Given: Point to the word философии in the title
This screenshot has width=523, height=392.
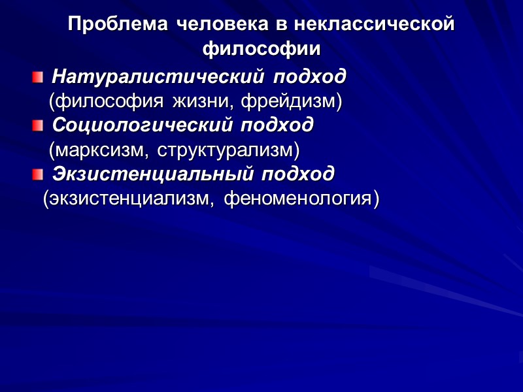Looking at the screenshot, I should [261, 49].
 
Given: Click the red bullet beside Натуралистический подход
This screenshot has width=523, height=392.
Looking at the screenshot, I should [38, 78].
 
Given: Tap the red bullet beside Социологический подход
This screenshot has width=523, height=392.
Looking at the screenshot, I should [38, 125].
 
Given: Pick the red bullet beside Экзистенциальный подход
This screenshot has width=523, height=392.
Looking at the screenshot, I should [38, 174].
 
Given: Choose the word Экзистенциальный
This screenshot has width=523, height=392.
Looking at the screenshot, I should [153, 174].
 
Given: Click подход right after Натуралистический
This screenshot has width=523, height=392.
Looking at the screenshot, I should [310, 77].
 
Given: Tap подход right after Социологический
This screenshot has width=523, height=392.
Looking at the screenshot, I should [278, 124].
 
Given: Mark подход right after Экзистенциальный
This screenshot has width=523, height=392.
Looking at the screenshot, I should [298, 174].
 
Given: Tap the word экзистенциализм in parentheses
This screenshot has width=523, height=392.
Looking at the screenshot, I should [128, 198].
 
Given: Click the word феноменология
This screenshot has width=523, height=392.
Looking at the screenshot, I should [301, 198].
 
